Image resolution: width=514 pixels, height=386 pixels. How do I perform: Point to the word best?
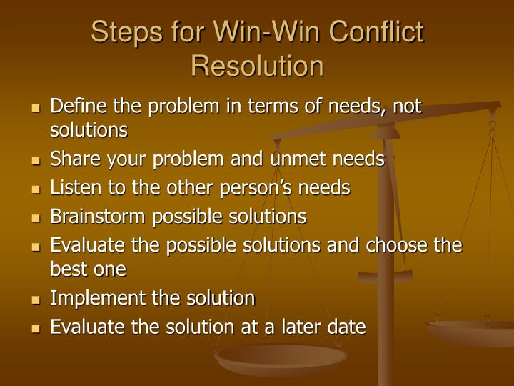68,269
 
